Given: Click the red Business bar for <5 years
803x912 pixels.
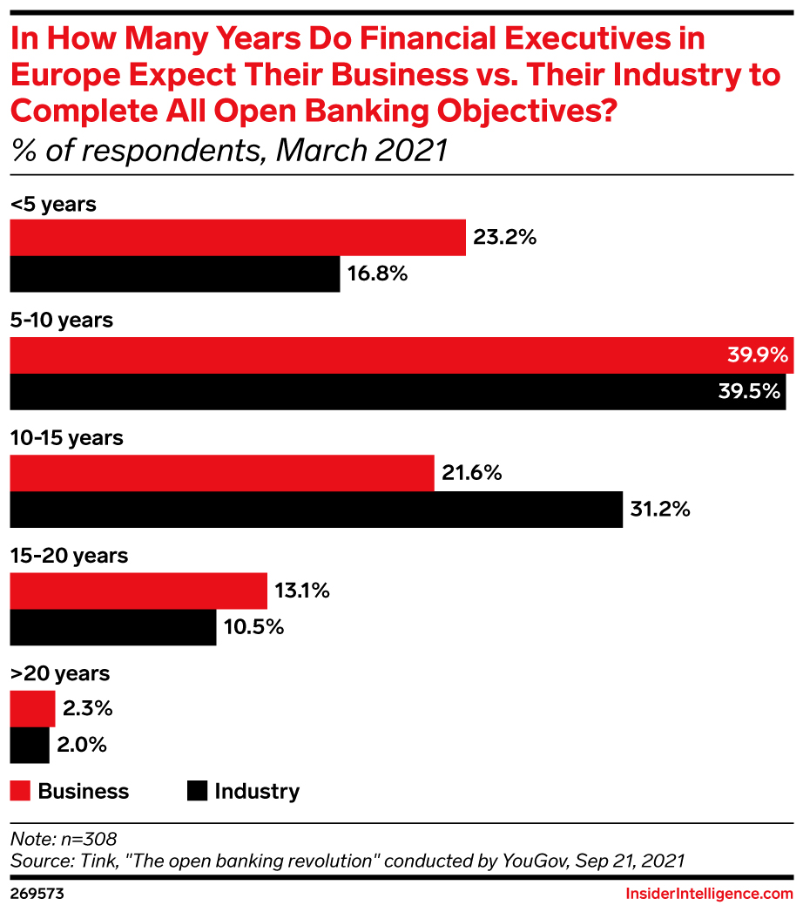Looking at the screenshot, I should point(238,238).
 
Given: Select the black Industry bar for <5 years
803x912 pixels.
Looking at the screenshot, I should point(174,274).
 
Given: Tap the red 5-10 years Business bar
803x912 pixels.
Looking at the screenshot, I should point(401,355).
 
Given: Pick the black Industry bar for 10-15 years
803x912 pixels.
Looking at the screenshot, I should point(316,510).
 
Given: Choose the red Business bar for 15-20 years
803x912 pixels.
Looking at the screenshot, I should point(138,591).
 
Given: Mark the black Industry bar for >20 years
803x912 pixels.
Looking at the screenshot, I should point(30,745).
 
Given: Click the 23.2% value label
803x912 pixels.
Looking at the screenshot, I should point(504,238).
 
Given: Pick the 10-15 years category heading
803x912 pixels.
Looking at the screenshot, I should point(66,438).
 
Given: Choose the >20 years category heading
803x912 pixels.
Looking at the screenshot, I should point(60,673).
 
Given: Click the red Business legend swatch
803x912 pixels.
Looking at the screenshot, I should point(20,791).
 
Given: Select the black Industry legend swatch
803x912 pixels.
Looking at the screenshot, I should point(197,791).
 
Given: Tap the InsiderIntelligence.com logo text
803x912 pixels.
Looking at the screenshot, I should point(710,894).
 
